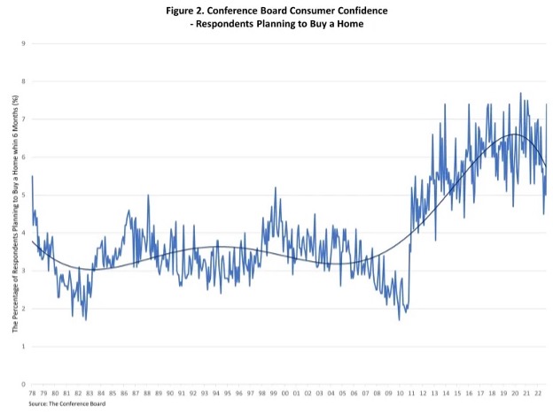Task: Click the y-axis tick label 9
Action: [x=23, y=42]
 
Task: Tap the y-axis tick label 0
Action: [x=23, y=385]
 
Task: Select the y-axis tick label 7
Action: [x=23, y=119]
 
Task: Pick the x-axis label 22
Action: [x=538, y=394]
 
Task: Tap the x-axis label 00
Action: [x=285, y=394]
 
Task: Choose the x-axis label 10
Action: [x=400, y=394]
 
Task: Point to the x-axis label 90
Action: [x=171, y=394]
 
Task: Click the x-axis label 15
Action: [x=457, y=394]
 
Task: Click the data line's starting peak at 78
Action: [x=33, y=176]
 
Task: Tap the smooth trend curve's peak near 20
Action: [x=514, y=134]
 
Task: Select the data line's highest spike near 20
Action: [x=520, y=93]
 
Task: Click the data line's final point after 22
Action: [x=547, y=104]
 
